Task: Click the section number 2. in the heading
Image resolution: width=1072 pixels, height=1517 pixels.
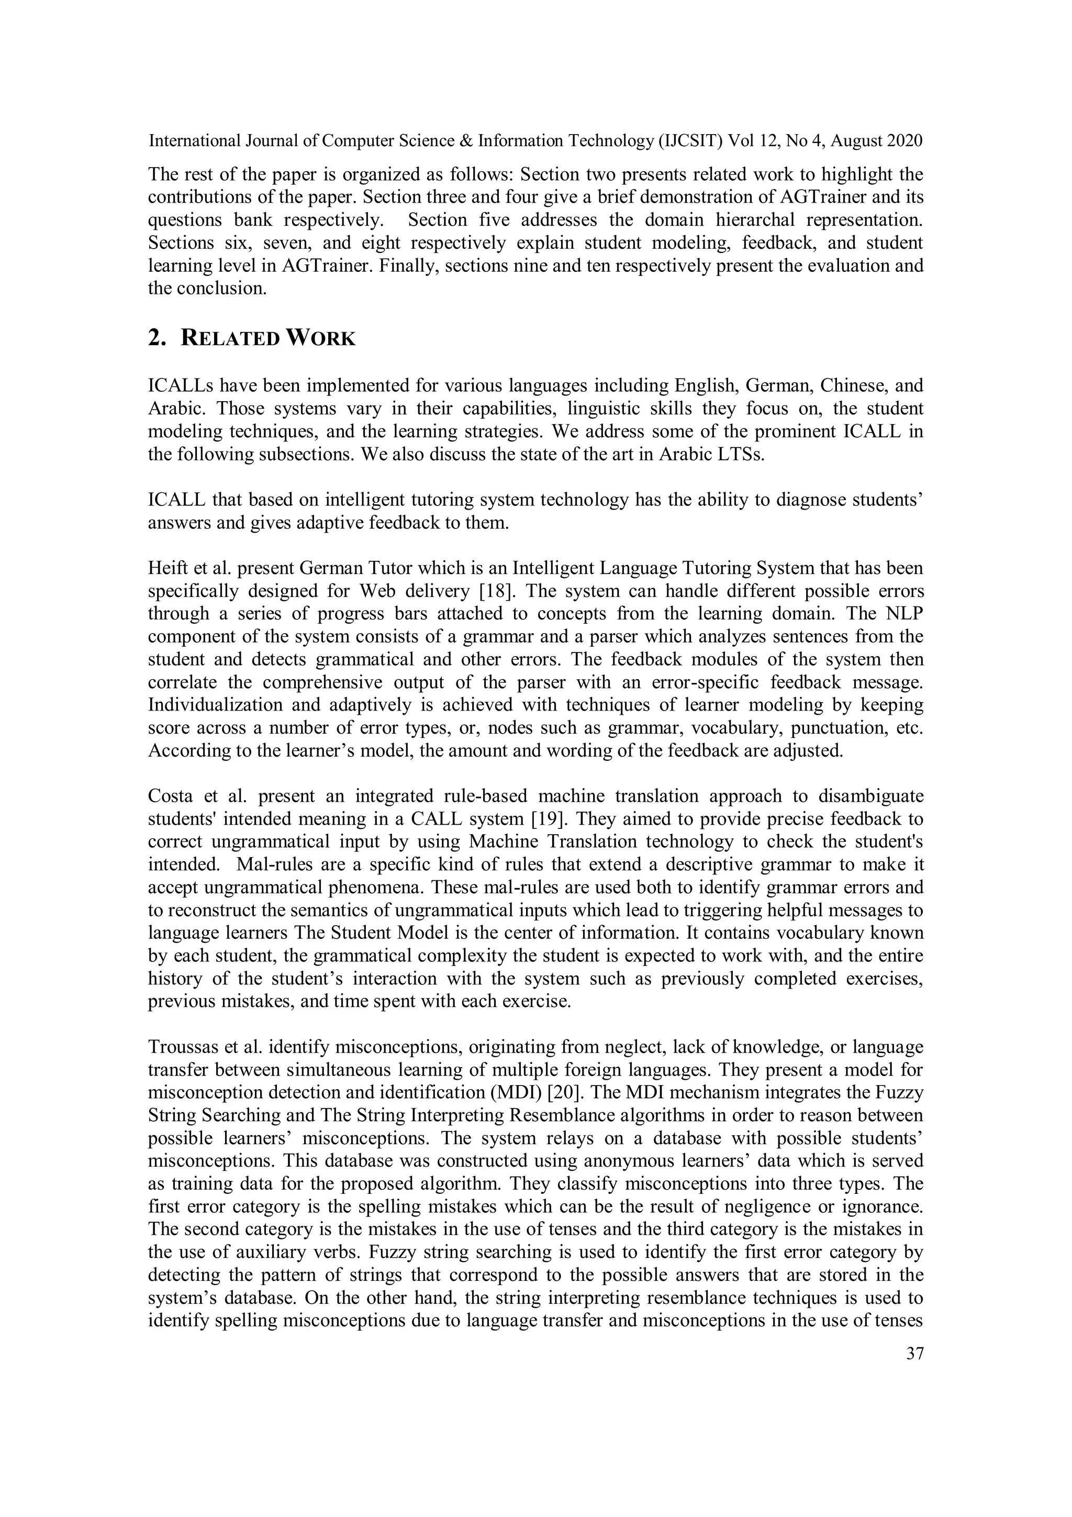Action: pyautogui.click(x=157, y=338)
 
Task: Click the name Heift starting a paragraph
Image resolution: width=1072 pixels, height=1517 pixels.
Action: pyautogui.click(x=164, y=568)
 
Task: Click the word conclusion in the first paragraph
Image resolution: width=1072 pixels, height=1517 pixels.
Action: pyautogui.click(x=227, y=289)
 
